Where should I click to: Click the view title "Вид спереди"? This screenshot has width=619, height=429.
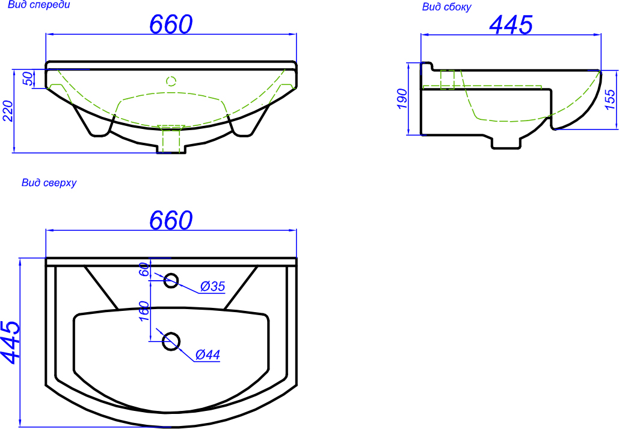pyautogui.click(x=38, y=5)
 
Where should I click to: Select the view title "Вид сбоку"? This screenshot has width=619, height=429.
pyautogui.click(x=446, y=7)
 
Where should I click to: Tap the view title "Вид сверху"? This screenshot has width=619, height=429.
pyautogui.click(x=49, y=183)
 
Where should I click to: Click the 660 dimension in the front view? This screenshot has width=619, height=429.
pyautogui.click(x=171, y=23)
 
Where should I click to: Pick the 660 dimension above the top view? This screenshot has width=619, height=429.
pyautogui.click(x=171, y=220)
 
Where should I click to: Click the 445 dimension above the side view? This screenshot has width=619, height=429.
pyautogui.click(x=511, y=25)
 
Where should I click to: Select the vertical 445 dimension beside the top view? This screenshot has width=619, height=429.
pyautogui.click(x=10, y=342)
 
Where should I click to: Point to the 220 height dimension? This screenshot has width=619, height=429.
pyautogui.click(x=8, y=111)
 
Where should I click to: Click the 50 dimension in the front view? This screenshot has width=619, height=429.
pyautogui.click(x=28, y=79)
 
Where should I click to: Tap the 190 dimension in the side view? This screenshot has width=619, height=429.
pyautogui.click(x=401, y=99)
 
